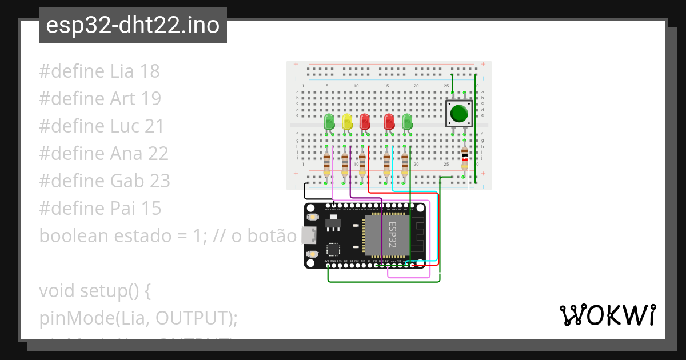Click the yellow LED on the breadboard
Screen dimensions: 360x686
tap(346, 121)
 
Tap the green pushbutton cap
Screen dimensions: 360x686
tap(458, 113)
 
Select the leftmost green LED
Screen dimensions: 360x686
tap(329, 121)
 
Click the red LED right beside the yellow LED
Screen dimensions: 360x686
tap(364, 121)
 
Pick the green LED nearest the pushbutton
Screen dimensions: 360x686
tap(407, 121)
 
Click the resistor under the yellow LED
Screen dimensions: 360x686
tap(345, 163)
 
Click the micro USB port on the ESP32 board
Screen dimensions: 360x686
tap(309, 235)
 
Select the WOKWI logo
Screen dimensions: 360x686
tap(607, 315)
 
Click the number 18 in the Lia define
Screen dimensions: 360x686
tap(149, 71)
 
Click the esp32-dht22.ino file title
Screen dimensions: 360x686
tap(133, 26)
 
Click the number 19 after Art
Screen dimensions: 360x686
tap(150, 99)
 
